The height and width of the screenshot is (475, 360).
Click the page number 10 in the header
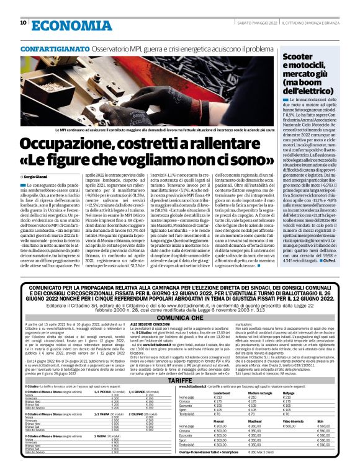coord(24,23)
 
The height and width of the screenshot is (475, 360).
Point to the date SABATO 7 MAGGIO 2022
coord(255,24)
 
